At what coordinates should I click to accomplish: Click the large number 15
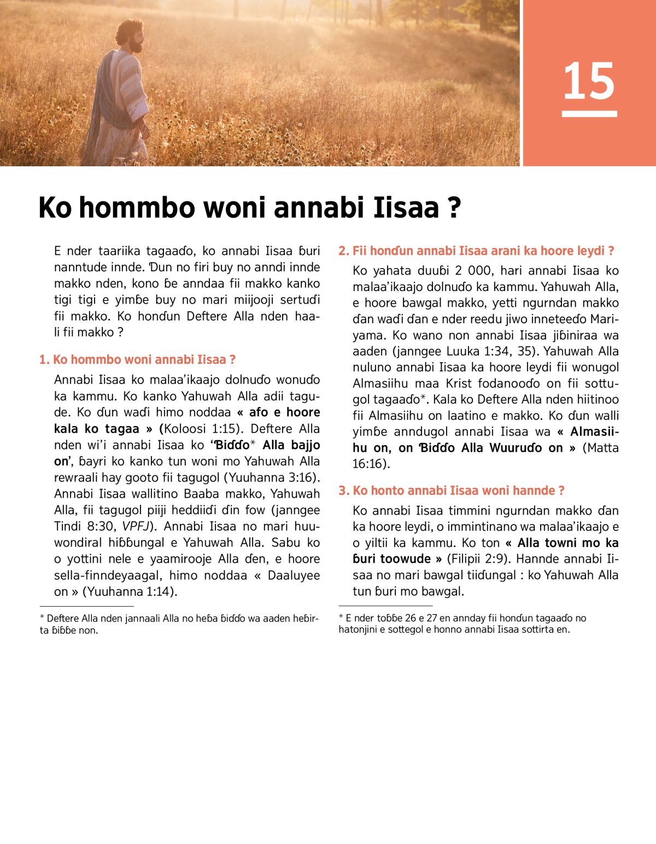pos(589,81)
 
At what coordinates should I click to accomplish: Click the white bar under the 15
pos(589,114)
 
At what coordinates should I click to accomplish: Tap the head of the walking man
pos(131,36)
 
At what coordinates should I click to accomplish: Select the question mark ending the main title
pos(454,208)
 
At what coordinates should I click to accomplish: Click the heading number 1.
pos(44,360)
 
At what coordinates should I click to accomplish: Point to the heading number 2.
pos(343,251)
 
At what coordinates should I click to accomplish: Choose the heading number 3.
pos(343,491)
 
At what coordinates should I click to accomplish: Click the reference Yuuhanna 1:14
pos(130,591)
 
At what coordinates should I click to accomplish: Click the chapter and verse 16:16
pos(369,464)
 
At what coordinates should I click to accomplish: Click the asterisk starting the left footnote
pos(42,618)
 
